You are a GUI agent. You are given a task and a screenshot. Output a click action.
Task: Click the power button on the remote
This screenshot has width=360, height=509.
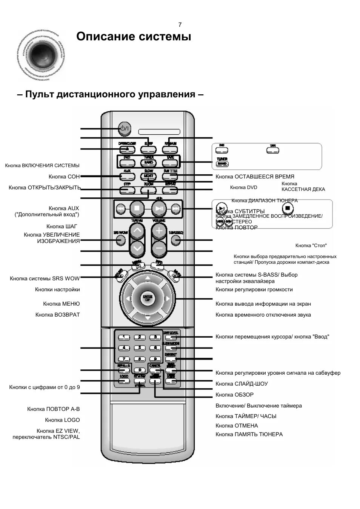point(124,129)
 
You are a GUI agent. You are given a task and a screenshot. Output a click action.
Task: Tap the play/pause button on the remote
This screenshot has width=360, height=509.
point(159,208)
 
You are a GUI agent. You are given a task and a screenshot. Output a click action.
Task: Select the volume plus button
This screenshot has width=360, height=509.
point(159,231)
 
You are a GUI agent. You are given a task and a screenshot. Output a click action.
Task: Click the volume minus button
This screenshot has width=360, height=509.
point(159,248)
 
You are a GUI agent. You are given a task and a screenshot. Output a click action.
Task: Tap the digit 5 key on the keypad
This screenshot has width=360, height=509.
point(139,348)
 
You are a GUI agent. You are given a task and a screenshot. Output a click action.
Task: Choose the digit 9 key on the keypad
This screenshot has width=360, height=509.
point(154,359)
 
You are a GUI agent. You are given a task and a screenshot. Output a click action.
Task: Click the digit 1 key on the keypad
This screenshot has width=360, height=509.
point(124,337)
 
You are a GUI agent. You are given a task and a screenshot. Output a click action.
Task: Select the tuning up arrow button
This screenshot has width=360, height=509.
point(137,231)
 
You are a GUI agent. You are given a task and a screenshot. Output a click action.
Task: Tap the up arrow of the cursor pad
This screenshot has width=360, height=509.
point(148,278)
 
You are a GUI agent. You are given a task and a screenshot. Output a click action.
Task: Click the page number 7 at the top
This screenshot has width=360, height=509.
point(180,25)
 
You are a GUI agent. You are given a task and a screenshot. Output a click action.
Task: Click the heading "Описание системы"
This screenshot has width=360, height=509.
point(134,37)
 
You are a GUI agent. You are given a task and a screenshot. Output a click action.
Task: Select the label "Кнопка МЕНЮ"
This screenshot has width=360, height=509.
point(62,304)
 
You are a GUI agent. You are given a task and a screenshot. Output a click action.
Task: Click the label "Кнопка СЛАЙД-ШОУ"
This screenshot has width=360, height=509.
point(242,384)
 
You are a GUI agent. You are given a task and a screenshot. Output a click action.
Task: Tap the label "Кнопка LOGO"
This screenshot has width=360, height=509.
point(62,420)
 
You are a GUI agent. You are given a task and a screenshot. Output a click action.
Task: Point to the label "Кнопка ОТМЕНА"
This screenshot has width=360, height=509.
point(237,426)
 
